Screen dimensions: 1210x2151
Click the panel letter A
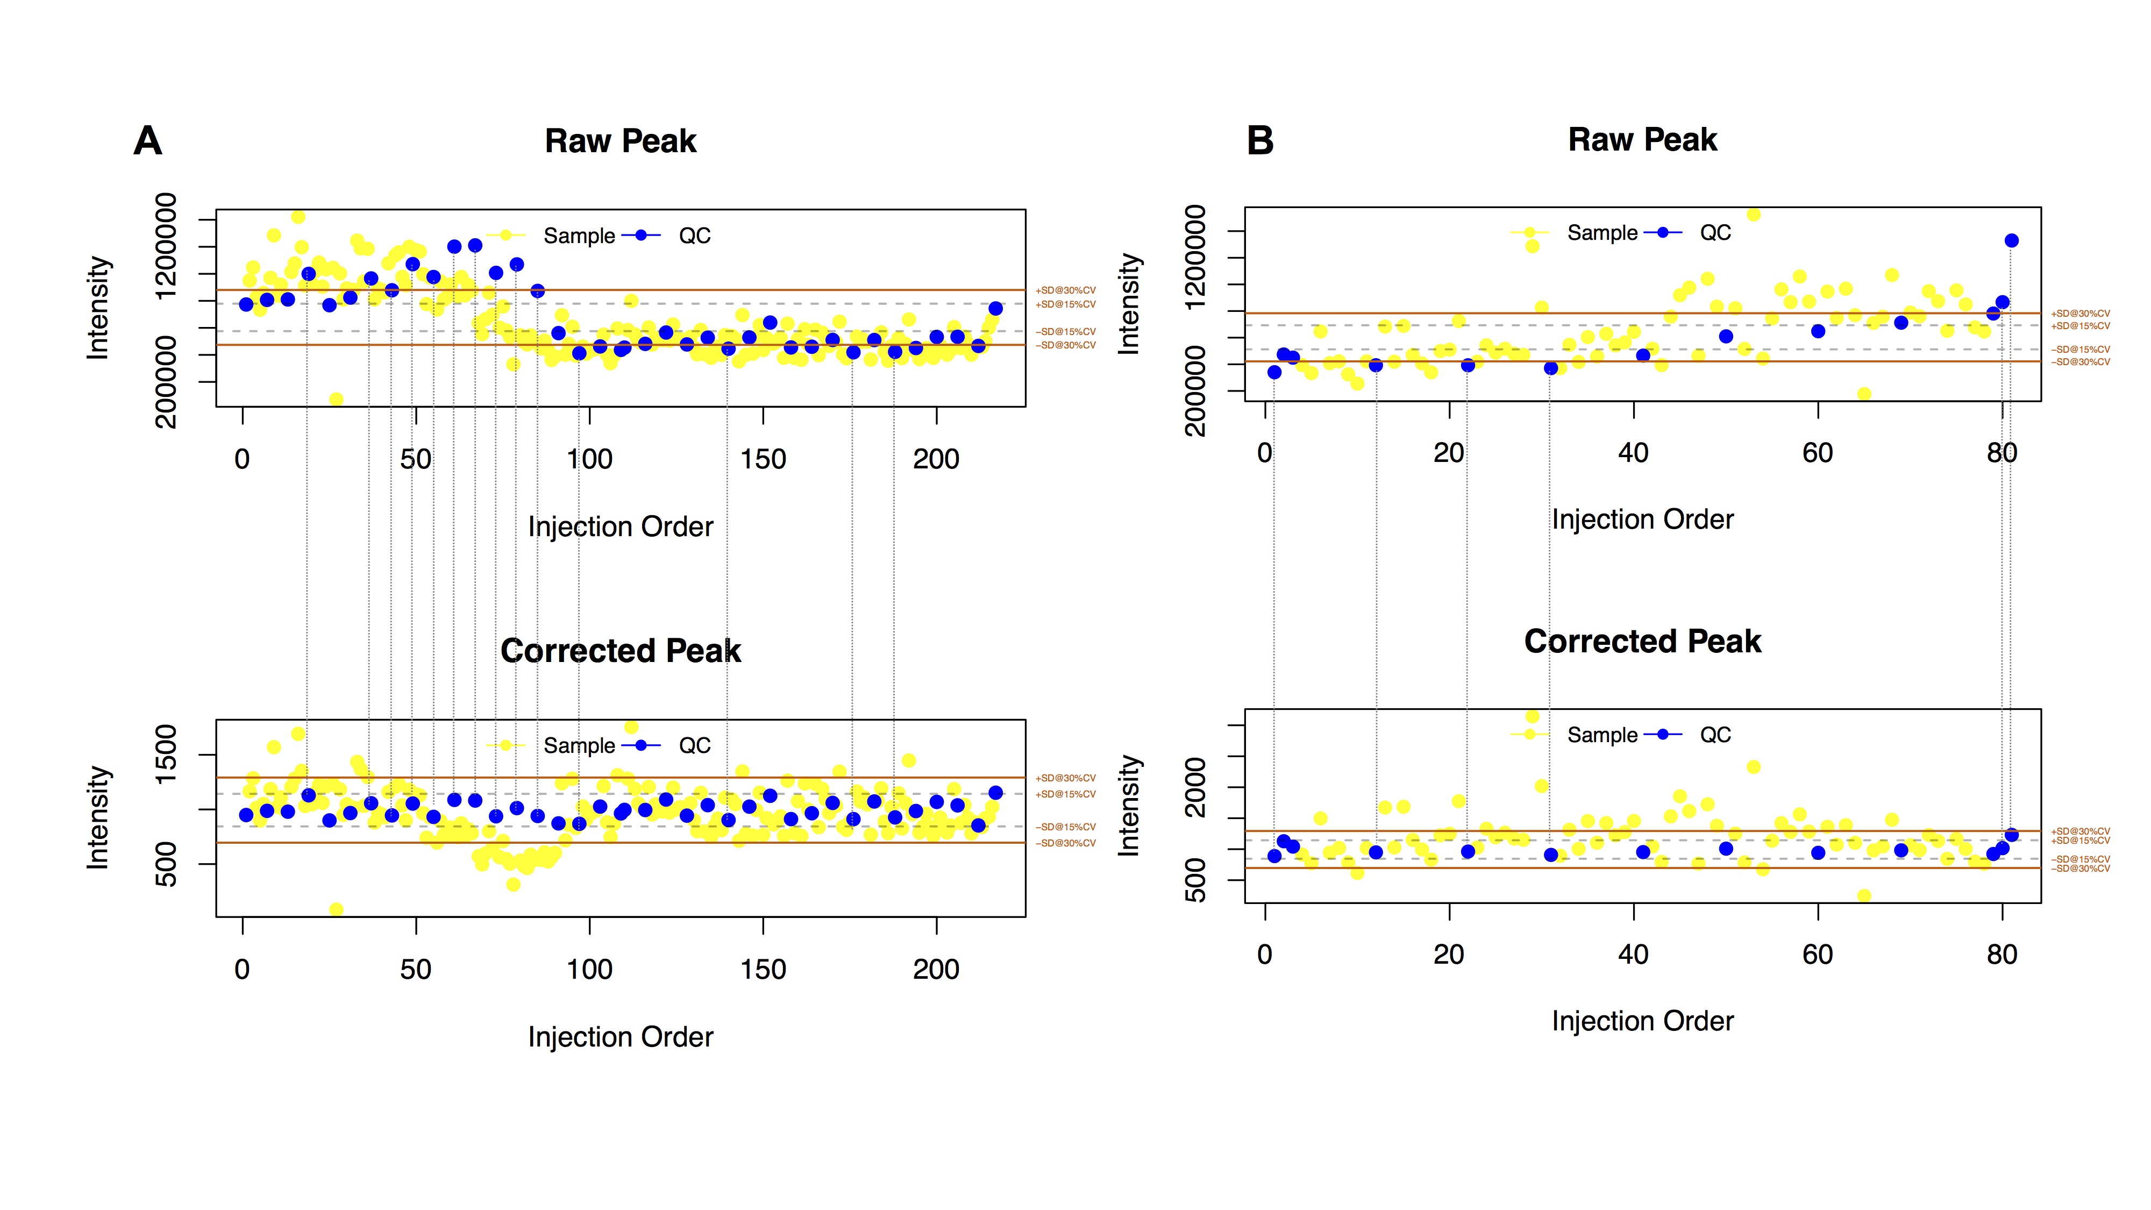pyautogui.click(x=148, y=140)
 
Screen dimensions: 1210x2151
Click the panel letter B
pyautogui.click(x=1260, y=140)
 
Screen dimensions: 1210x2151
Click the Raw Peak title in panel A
pyautogui.click(x=621, y=141)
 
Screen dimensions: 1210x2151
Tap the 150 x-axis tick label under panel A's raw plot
pyautogui.click(x=763, y=459)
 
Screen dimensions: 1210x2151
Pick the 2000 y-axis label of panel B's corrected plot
pyautogui.click(x=1196, y=787)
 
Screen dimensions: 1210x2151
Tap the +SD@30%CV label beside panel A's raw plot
pyautogui.click(x=1065, y=290)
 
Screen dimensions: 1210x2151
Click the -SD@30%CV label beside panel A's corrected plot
pyautogui.click(x=1065, y=843)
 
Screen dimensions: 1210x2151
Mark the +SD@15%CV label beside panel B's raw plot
pyautogui.click(x=2080, y=326)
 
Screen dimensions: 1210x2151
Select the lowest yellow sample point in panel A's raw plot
pyautogui.click(x=336, y=399)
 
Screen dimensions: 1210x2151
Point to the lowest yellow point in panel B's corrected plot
pyautogui.click(x=1864, y=896)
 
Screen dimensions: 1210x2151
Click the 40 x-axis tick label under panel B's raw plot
pyautogui.click(x=1633, y=453)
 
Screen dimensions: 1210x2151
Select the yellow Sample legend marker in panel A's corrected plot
pyautogui.click(x=505, y=745)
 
